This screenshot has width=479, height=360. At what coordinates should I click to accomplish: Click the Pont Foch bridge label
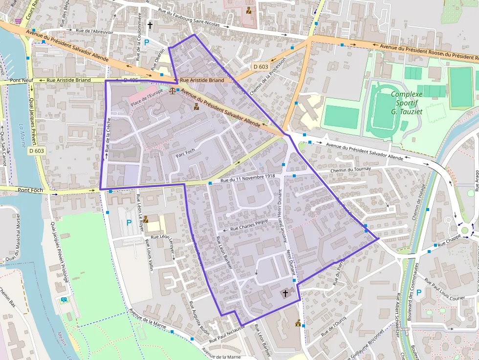point(30,190)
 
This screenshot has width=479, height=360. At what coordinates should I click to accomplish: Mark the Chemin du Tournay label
point(350,169)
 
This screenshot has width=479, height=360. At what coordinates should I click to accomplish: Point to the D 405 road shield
point(131,80)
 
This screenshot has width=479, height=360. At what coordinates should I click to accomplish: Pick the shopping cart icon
point(19,21)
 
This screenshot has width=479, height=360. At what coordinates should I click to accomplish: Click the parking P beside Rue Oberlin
point(147,42)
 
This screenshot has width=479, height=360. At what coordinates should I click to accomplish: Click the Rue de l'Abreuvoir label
point(95,31)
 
